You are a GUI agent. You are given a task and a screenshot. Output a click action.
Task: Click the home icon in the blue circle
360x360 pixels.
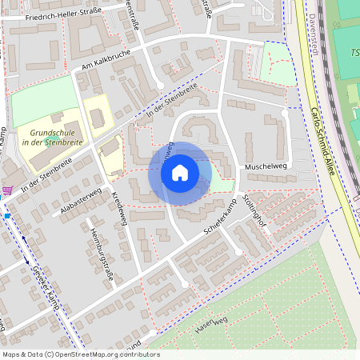(x=180, y=173)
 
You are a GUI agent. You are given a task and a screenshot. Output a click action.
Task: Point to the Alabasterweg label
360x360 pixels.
(x=79, y=204)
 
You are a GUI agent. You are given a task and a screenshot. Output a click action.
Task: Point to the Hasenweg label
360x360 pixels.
(x=212, y=325)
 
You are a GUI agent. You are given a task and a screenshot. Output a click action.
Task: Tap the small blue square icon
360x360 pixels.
(x=6, y=215)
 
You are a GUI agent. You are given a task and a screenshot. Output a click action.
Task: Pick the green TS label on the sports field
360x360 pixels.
(x=354, y=53)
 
